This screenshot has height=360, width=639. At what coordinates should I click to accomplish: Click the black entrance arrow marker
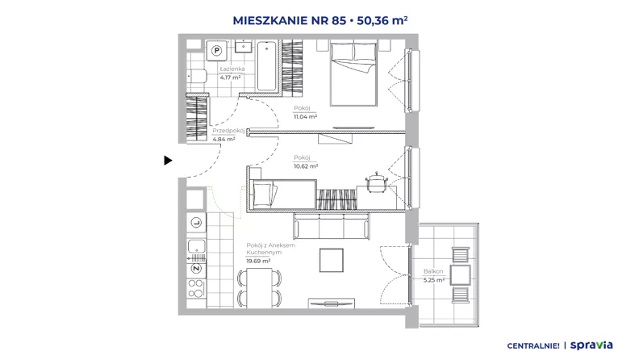click(x=168, y=161)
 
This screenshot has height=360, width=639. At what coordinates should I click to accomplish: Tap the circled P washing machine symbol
click(x=217, y=51)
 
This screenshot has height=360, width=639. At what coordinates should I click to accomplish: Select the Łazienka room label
click(x=232, y=69)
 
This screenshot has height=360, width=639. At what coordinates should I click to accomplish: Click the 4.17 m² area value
click(x=230, y=77)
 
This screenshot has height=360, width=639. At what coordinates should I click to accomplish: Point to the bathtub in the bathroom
click(x=267, y=65)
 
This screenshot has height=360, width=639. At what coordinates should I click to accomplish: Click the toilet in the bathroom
click(x=197, y=76)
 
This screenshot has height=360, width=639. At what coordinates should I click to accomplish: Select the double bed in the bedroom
click(x=353, y=73)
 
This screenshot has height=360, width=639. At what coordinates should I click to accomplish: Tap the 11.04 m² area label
click(x=305, y=116)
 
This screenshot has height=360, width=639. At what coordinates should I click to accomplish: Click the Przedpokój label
click(x=228, y=131)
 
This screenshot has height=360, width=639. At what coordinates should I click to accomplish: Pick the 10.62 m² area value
click(x=306, y=166)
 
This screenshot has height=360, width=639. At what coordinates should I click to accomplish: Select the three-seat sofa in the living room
click(x=332, y=227)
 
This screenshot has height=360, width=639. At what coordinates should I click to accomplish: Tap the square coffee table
click(x=332, y=260)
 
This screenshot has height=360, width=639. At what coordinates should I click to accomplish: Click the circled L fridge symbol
click(x=196, y=223)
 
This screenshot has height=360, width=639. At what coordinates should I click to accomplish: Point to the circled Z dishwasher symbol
click(x=196, y=269)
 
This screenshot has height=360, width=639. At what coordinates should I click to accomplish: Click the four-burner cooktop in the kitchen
click(x=196, y=288)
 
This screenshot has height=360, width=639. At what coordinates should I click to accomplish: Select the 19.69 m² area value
click(x=258, y=261)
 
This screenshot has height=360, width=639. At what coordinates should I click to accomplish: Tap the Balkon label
click(x=433, y=271)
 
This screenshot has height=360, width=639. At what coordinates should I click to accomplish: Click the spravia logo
click(x=591, y=345)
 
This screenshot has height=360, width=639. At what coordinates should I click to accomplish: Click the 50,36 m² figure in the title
click(x=382, y=20)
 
